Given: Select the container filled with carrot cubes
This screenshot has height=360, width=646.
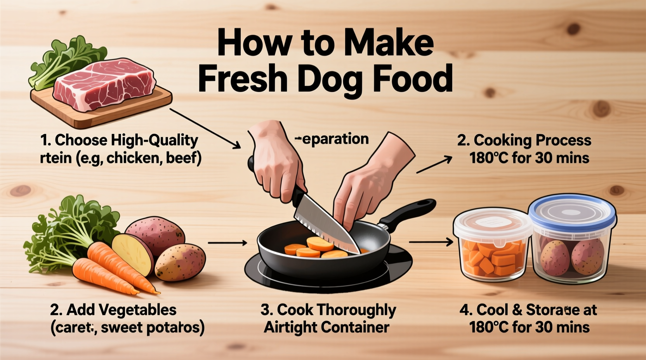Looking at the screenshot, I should click(x=492, y=248).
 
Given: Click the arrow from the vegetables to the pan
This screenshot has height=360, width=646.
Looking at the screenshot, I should click(x=227, y=243).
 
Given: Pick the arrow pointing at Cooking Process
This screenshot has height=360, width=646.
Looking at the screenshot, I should click(x=434, y=164).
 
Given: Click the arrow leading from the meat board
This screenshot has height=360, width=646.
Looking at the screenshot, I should click(x=205, y=128).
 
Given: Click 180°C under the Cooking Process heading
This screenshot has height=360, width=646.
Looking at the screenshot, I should click(x=489, y=158).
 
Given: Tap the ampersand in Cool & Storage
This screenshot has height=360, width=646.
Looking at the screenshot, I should click(x=517, y=310).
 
